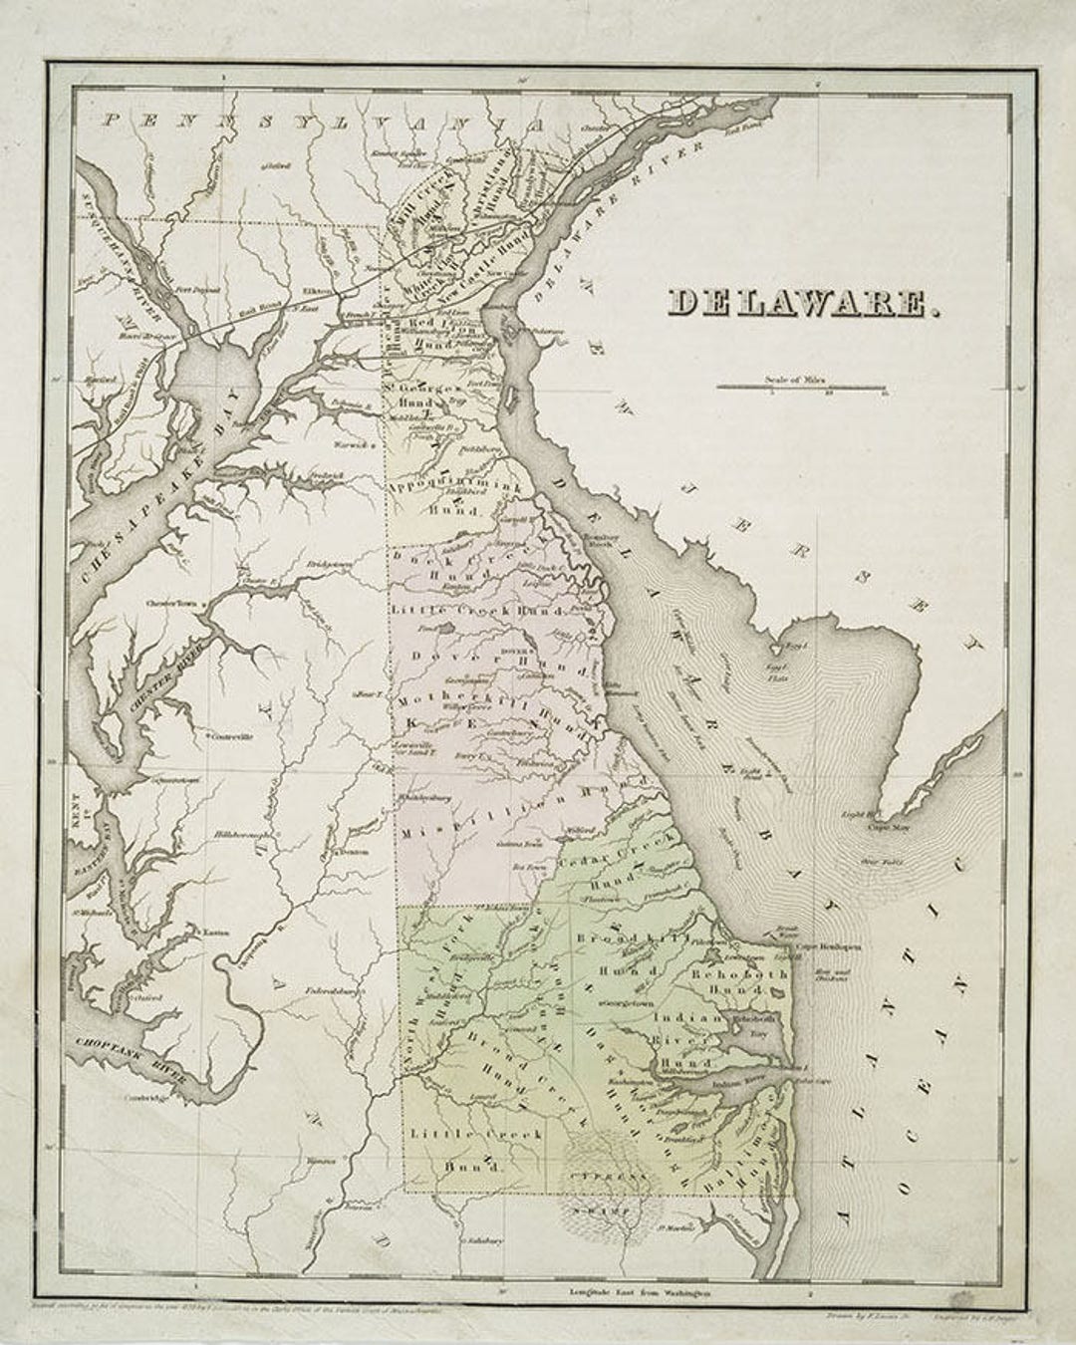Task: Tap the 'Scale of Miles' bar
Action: tap(800, 387)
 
